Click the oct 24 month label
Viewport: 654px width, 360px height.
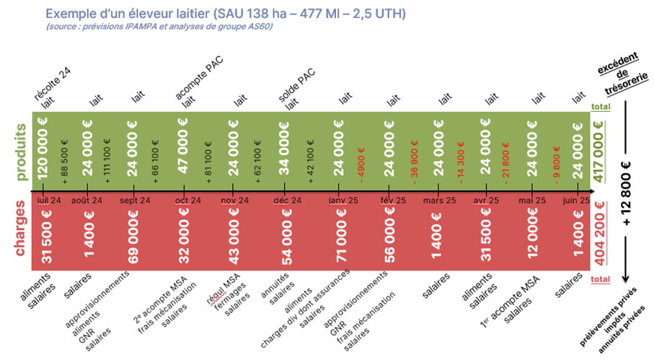pyautogui.click(x=187, y=200)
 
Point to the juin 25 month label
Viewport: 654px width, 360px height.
pyautogui.click(x=576, y=200)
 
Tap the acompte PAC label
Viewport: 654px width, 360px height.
pyautogui.click(x=199, y=78)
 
